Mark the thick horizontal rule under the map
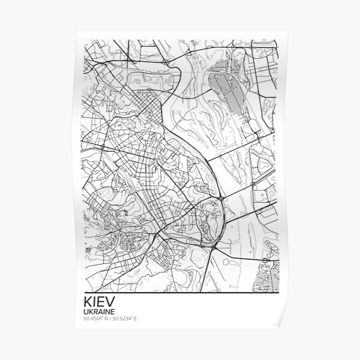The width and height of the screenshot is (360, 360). click(180, 295)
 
